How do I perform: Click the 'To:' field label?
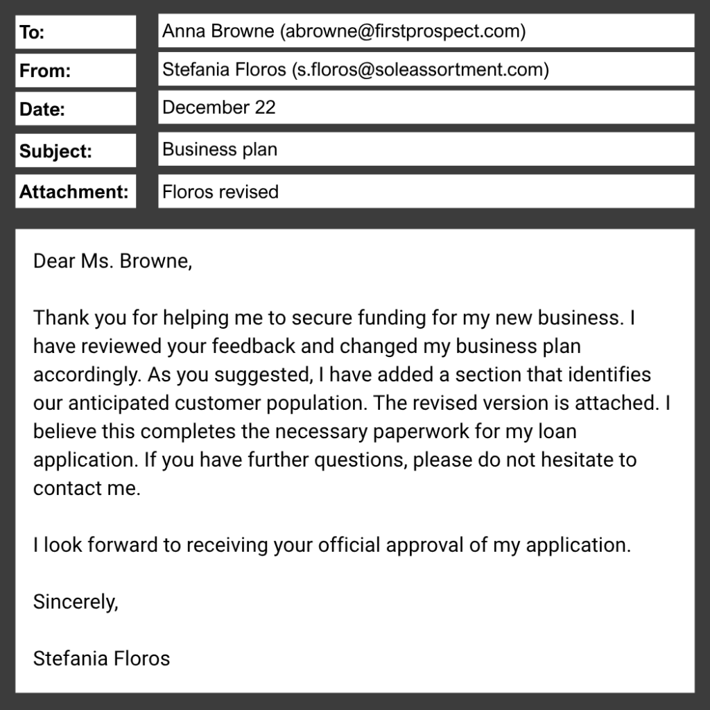click(x=32, y=33)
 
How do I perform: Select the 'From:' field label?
click(x=45, y=71)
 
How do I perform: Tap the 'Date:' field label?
click(x=42, y=109)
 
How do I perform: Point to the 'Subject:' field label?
click(x=55, y=151)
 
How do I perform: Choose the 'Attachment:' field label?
click(x=74, y=192)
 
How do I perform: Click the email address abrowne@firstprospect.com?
click(x=402, y=31)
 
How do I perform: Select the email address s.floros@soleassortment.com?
click(x=420, y=69)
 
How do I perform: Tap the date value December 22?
click(x=218, y=107)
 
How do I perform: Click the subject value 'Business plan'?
click(x=219, y=150)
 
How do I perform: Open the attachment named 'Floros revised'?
click(x=220, y=191)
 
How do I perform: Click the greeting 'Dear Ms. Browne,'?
click(x=112, y=261)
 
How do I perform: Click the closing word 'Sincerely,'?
click(x=76, y=602)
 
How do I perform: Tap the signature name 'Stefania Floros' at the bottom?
click(x=101, y=658)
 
